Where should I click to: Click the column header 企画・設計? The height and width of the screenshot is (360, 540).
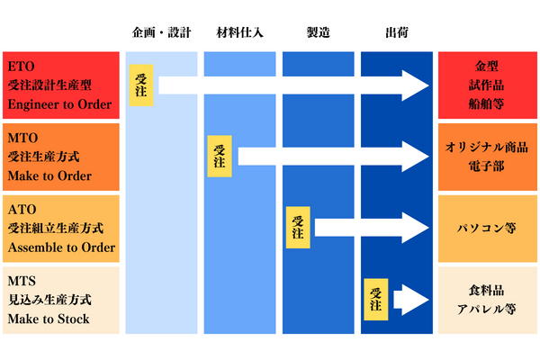pyautogui.click(x=160, y=34)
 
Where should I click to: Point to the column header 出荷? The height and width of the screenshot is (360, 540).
pyautogui.click(x=396, y=34)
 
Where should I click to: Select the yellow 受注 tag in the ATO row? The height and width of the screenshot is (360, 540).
pyautogui.click(x=299, y=227)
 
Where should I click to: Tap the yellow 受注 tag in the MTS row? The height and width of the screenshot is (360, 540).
pyautogui.click(x=377, y=298)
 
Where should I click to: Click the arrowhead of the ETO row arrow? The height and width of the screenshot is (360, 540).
pyautogui.click(x=416, y=85)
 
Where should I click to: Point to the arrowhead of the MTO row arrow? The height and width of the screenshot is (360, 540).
pyautogui.click(x=416, y=157)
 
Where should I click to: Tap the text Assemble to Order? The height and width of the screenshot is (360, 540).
pyautogui.click(x=60, y=247)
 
